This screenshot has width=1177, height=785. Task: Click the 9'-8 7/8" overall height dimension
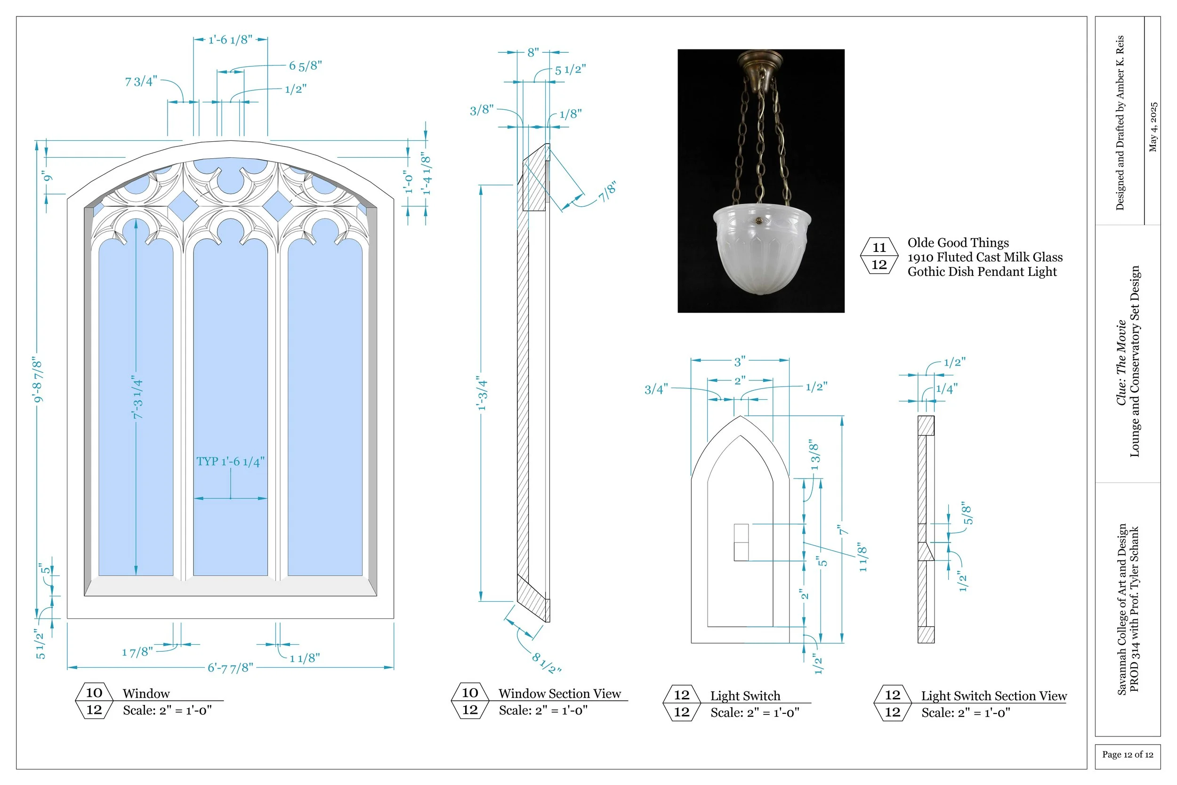click(38, 379)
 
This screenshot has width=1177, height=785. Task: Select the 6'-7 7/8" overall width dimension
click(230, 667)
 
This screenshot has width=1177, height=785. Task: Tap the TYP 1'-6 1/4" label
click(230, 461)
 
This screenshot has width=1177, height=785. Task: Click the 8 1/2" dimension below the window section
click(546, 663)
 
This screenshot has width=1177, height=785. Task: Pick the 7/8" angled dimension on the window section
click(607, 191)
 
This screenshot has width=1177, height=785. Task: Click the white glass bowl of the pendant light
click(761, 251)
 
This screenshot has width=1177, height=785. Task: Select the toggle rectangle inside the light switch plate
click(741, 542)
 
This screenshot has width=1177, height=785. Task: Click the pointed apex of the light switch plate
click(740, 418)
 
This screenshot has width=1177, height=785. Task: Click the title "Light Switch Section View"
click(993, 696)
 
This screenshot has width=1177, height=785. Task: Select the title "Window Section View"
click(559, 693)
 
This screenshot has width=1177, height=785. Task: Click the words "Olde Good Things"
click(958, 243)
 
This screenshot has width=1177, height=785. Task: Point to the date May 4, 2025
click(1153, 127)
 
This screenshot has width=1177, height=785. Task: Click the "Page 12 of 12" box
click(1128, 754)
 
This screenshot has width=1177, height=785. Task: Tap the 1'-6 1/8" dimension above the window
click(230, 40)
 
